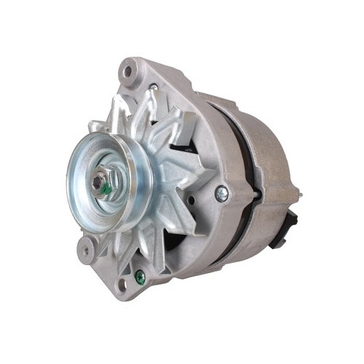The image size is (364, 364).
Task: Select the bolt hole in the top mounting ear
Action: (x=130, y=71)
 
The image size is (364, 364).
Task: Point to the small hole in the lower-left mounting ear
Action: (x=86, y=250)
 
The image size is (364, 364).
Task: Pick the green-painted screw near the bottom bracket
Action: (x=138, y=275)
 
